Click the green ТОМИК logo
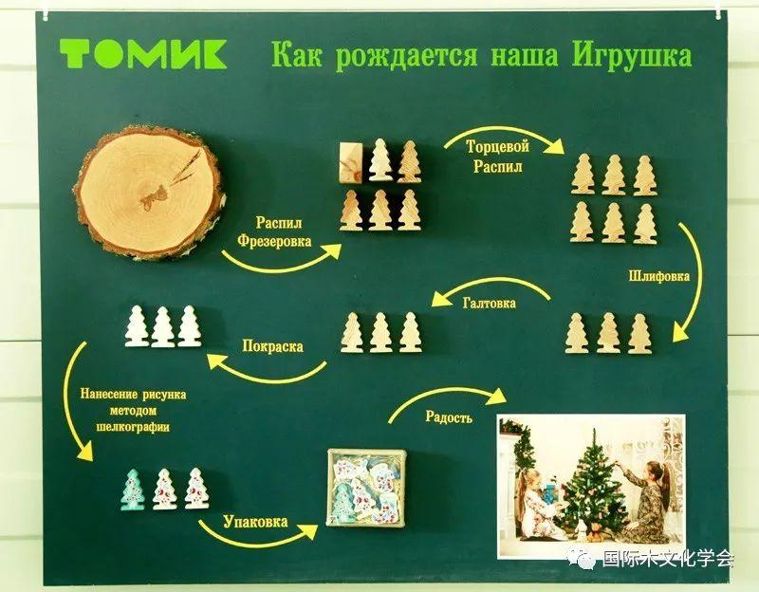pos(143,53)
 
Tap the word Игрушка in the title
pos(632,56)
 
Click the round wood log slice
pos(149,194)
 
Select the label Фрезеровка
pos(274,241)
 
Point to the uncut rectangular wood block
pos(351,163)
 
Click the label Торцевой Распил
pos(497,156)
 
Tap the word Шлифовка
pos(659,276)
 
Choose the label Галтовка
pos(490,303)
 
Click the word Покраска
pos(273,346)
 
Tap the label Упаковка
pos(255,522)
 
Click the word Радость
pos(449,416)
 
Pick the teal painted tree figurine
pos(132,490)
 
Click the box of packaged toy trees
pos(366,492)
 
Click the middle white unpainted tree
pos(162,326)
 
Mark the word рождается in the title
pos(406,56)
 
